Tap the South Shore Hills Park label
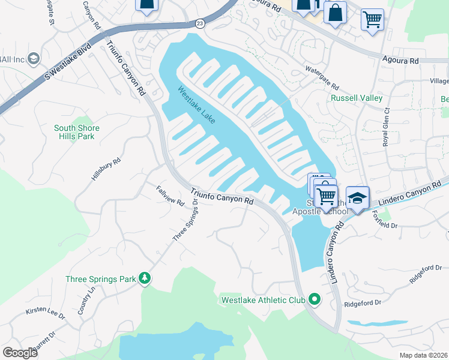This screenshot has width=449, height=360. point(77,132)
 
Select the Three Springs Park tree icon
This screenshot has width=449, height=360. point(144,278)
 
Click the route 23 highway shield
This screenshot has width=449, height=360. point(200,23)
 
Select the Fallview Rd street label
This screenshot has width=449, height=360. point(170,196)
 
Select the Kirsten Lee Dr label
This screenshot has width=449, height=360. point(45,313)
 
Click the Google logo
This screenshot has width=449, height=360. point(20,353)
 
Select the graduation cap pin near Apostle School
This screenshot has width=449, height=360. point(357,199)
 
